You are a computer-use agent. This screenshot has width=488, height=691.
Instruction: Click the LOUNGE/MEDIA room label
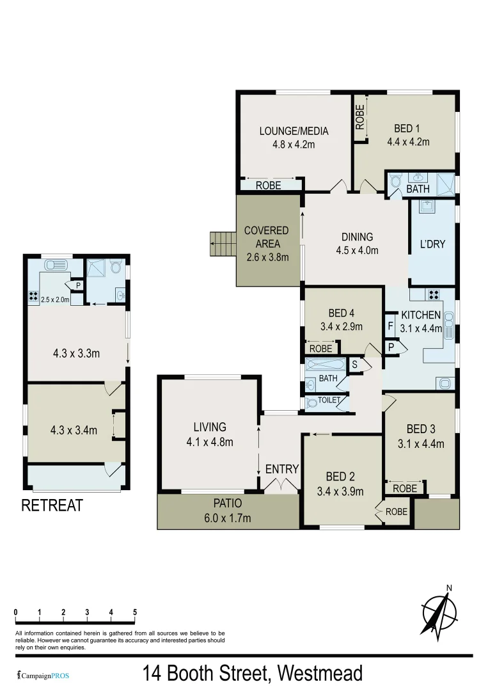(294, 131)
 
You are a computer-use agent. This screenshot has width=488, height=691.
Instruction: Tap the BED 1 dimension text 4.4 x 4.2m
(407, 142)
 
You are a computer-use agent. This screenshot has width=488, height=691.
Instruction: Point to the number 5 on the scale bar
(135, 612)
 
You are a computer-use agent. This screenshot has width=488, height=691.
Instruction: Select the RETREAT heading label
(52, 505)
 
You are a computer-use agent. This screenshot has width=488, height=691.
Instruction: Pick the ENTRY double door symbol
(281, 486)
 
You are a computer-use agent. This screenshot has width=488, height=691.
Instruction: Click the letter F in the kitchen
(390, 326)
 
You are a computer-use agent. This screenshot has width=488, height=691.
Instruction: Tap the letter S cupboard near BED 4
(355, 364)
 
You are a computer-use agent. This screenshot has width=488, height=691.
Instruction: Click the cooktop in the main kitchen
(434, 295)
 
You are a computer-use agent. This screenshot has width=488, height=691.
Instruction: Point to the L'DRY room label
(432, 244)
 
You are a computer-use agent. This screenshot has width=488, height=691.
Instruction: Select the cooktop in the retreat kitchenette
(33, 297)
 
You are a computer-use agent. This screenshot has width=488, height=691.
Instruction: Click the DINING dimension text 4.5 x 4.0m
(357, 250)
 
